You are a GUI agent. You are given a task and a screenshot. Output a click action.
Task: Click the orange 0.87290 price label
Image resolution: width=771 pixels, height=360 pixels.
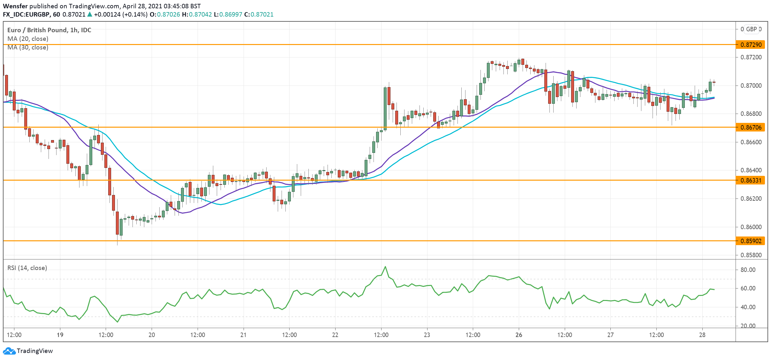[x=751, y=45]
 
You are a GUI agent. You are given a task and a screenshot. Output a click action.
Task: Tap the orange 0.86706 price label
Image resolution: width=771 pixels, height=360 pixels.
[x=751, y=127]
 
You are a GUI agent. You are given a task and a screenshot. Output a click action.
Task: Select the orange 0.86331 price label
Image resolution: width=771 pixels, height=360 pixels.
[x=751, y=180]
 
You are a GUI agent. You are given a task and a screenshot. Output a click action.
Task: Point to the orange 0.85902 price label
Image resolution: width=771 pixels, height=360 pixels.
[x=751, y=241]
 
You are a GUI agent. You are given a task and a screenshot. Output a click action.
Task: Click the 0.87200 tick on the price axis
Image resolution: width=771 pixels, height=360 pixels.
[x=751, y=57]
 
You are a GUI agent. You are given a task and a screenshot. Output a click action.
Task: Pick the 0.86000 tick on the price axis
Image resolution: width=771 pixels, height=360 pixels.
[x=751, y=227]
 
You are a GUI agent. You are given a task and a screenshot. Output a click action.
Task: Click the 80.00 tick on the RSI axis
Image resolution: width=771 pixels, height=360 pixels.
[x=748, y=270]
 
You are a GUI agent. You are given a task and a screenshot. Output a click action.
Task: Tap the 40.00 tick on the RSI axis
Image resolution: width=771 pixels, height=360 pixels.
[x=748, y=307]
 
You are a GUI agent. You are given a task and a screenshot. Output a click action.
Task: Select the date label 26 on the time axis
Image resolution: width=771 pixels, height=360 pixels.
[x=519, y=335]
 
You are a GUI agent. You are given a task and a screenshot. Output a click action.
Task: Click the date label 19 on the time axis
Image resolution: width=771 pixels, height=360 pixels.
[x=60, y=335]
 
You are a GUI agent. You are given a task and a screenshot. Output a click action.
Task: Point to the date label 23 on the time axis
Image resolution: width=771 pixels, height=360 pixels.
[x=427, y=335]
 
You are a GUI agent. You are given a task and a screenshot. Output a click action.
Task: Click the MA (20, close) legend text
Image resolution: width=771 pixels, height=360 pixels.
[x=28, y=39]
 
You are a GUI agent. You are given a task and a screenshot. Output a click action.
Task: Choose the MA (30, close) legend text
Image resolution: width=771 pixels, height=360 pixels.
[x=28, y=47]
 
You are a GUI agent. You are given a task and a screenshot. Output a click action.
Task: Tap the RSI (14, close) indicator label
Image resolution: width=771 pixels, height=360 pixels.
[x=27, y=268]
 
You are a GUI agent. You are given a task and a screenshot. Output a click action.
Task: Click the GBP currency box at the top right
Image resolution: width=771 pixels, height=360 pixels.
[x=751, y=29]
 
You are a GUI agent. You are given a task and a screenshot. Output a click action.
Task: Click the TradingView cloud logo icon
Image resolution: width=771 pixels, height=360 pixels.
[x=9, y=351]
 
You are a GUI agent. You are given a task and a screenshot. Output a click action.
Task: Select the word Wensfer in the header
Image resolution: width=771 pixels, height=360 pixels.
[x=15, y=6]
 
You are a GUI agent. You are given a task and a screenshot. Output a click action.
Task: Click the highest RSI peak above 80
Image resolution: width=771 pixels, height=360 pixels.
[x=385, y=266]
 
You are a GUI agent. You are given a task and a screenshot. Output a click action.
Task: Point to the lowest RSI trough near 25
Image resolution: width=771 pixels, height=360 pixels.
[x=117, y=322]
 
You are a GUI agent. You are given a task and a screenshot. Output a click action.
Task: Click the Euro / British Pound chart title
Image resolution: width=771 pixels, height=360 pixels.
[x=49, y=30]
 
